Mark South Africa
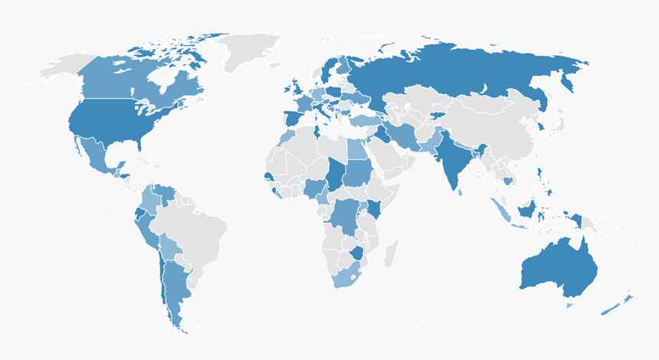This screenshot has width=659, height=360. [x=349, y=277]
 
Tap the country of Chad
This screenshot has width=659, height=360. [x=334, y=173]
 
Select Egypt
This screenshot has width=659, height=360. [x=357, y=149]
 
